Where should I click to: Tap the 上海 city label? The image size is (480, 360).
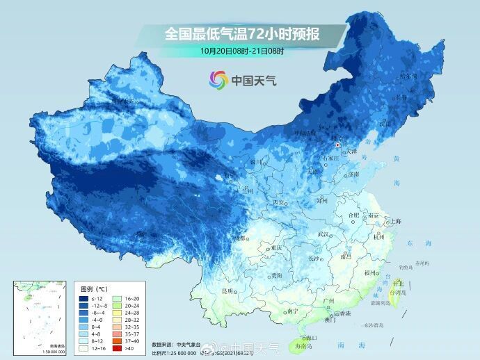(396, 221)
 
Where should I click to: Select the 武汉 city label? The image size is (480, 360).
(323, 235)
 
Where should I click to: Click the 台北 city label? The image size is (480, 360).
(398, 284)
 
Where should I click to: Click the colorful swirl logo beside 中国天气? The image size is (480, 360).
(218, 80)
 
